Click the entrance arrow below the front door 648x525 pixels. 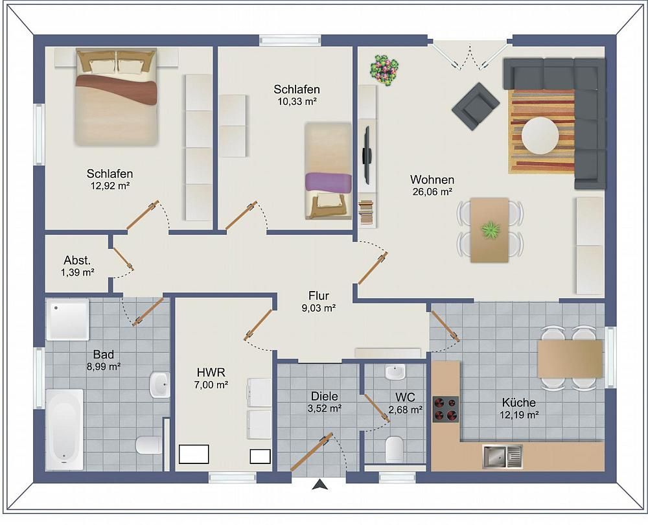point(320,484)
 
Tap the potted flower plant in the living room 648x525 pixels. point(384,70)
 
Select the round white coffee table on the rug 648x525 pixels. point(540,135)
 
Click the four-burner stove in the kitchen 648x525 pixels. point(446,409)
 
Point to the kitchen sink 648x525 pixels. point(503,457)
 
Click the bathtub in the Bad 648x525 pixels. point(64,429)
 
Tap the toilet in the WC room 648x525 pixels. point(394,449)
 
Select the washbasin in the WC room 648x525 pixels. point(395,372)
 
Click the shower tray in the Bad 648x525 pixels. point(67,320)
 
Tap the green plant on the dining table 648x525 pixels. point(491,230)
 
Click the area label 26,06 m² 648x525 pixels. point(432,192)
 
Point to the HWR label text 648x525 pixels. point(211,373)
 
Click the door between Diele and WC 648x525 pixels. point(377,408)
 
